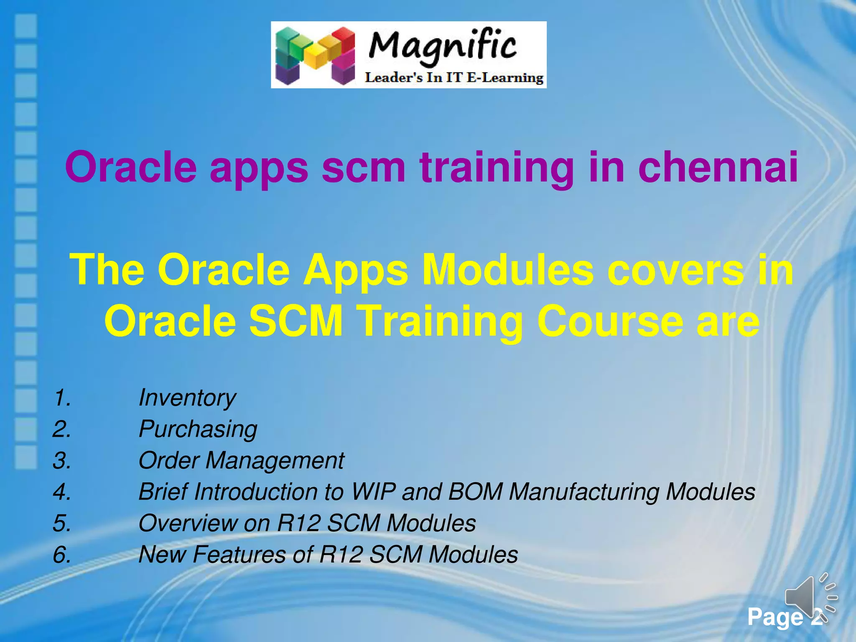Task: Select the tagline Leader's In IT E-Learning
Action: [x=454, y=78]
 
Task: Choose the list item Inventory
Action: [x=187, y=397]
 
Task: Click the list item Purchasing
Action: [x=198, y=429]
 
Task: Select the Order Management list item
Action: [x=241, y=461]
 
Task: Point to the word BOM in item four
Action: [x=475, y=492]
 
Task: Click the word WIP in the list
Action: [x=373, y=492]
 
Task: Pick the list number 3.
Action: [x=62, y=461]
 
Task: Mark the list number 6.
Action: [x=62, y=555]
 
